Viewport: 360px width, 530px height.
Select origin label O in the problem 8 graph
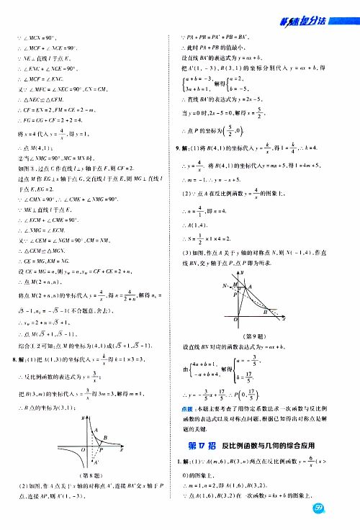pyautogui.click(x=84, y=450)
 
